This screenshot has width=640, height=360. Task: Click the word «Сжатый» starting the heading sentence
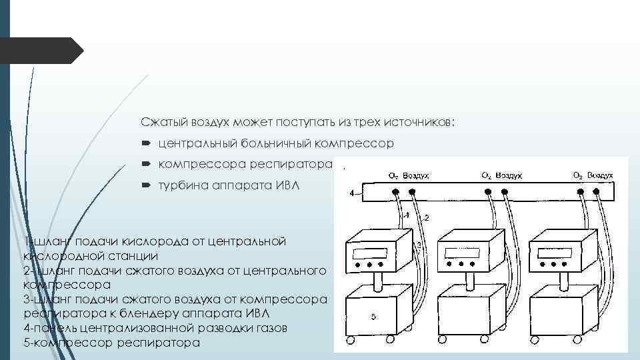159,123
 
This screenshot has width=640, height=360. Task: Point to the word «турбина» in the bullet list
180,186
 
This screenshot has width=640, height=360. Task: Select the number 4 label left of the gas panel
351,193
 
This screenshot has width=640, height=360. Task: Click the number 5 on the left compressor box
373,316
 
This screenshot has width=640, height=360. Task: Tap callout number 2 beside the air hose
426,218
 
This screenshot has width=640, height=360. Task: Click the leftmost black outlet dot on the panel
395,192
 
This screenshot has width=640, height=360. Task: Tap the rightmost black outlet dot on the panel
595,192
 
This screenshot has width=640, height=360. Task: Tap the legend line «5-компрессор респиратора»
111,343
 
